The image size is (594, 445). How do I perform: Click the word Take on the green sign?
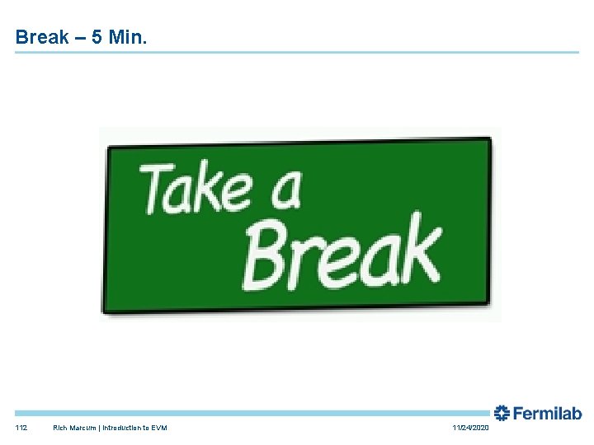pos(195,188)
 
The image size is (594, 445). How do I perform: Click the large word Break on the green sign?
pos(342,250)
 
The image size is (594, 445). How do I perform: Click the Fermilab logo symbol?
pos(502,414)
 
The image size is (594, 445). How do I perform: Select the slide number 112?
pos(21,429)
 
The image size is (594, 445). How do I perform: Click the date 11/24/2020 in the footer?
pos(470,429)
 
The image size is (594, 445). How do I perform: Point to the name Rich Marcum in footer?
pos(74,429)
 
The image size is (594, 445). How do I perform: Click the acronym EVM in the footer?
pos(158,429)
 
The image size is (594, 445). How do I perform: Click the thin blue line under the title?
pos(297,53)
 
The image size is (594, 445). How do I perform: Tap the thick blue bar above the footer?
pos(247,413)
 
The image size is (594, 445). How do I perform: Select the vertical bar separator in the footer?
pos(99,429)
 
